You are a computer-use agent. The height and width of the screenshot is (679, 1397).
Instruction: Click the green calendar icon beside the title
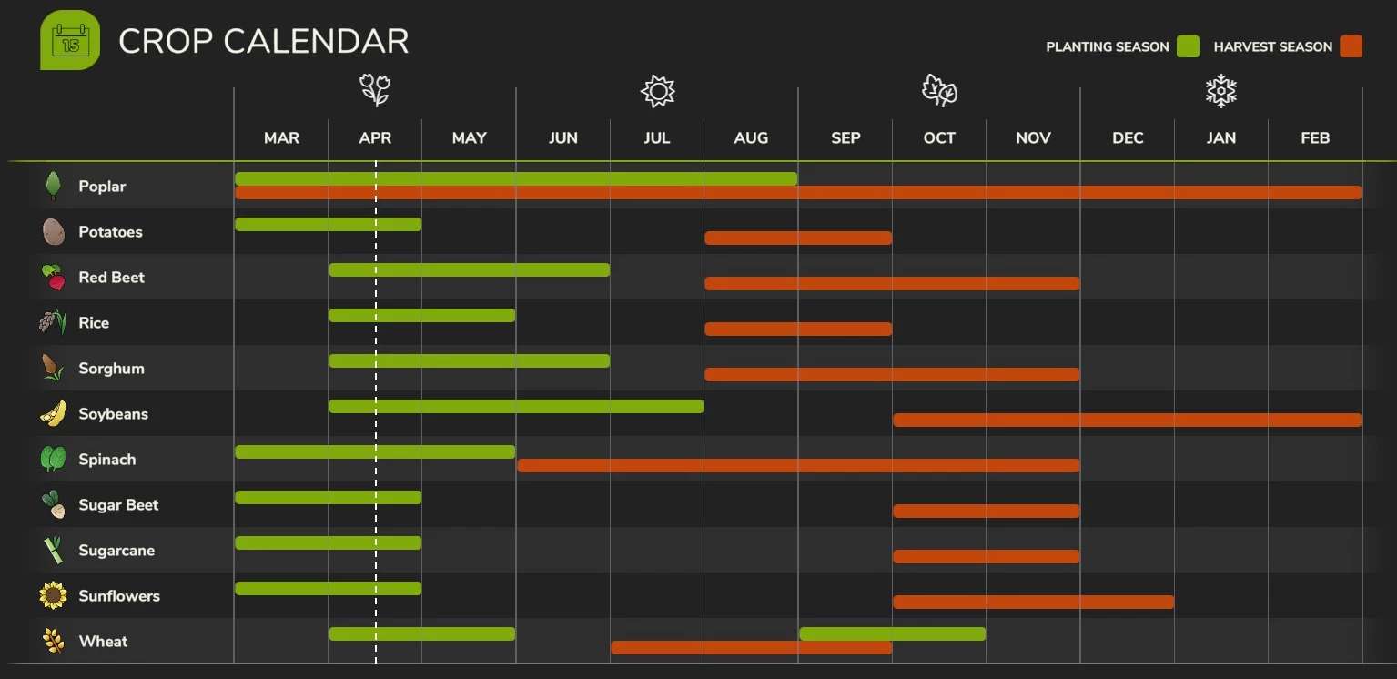(x=70, y=40)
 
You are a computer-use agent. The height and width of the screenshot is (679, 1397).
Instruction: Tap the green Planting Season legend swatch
(x=1188, y=46)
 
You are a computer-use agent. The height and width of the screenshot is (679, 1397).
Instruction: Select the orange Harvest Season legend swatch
(x=1351, y=46)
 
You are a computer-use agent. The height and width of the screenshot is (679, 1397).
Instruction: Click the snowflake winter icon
(x=1221, y=91)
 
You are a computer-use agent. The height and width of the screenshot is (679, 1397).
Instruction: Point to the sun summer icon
(x=657, y=91)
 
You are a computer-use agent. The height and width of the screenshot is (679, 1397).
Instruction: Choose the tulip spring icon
(x=375, y=91)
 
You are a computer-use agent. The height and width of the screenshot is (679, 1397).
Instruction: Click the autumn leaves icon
(x=939, y=91)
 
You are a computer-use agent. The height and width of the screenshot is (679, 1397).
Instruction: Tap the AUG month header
(x=751, y=138)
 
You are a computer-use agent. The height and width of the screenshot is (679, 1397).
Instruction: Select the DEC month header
(x=1128, y=138)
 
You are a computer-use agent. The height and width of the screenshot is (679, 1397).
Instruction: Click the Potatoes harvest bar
(x=798, y=238)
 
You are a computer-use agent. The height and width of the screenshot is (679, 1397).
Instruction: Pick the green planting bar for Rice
(x=421, y=316)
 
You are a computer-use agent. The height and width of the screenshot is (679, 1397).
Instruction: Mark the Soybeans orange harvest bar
(x=1127, y=420)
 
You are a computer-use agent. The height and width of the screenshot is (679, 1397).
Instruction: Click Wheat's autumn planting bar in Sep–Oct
(x=892, y=633)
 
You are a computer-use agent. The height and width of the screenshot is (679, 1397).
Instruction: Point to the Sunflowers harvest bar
(x=1033, y=602)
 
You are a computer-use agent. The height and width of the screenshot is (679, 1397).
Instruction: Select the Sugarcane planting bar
(x=328, y=543)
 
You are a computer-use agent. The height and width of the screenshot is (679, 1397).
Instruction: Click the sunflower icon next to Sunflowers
(x=53, y=596)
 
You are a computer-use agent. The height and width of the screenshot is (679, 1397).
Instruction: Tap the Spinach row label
(x=106, y=460)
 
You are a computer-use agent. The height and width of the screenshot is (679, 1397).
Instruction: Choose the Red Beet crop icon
(x=54, y=278)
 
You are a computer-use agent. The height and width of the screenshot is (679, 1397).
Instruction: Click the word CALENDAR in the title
(x=316, y=42)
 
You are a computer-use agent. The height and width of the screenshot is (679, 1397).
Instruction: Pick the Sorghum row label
(x=111, y=369)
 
